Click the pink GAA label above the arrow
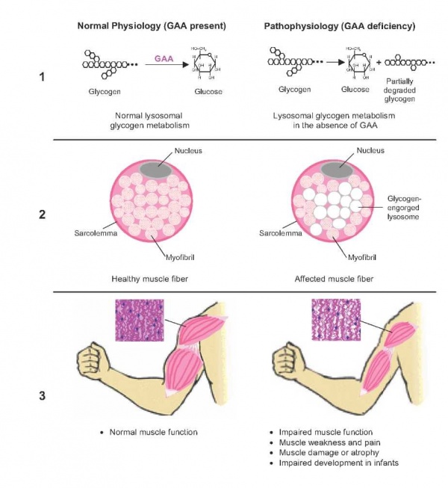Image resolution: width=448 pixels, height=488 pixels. pyautogui.click(x=164, y=58)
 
